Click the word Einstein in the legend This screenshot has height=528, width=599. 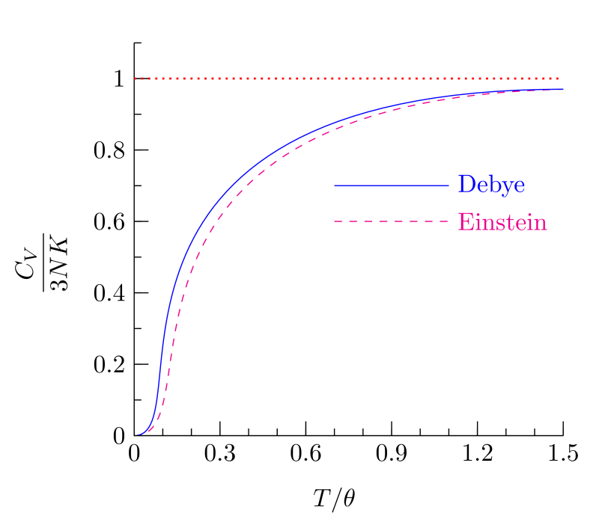click(501, 222)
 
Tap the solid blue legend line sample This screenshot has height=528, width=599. click(390, 185)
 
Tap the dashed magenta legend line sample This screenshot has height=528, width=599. click(390, 222)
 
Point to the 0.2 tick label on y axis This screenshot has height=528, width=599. click(108, 364)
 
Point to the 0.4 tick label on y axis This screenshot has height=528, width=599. click(108, 293)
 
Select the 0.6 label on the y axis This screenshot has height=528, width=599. click(108, 222)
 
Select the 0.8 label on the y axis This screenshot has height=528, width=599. click(108, 150)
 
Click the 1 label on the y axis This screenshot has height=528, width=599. click(118, 79)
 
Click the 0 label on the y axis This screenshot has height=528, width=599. click(118, 436)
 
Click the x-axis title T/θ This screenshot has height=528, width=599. click(333, 497)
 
